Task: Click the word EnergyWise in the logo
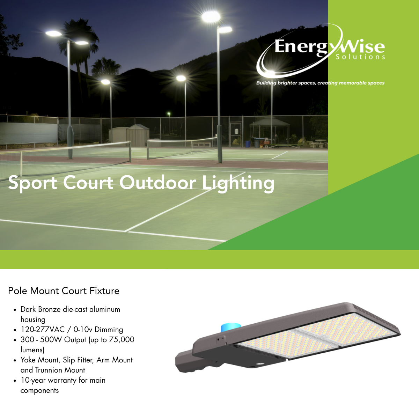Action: pos(329,47)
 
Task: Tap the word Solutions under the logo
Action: pos(360,57)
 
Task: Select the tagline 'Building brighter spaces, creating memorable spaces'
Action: pos(320,83)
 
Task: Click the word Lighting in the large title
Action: pos(238,183)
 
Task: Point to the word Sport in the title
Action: pos(32,183)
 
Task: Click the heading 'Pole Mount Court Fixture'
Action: pos(64,291)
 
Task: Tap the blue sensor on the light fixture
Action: pos(231,327)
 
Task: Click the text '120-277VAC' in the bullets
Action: pos(43,329)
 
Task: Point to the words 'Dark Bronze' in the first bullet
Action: pos(41,309)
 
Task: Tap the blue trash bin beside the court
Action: pos(248,144)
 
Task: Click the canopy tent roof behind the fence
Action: pos(270,122)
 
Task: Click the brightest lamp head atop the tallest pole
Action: pos(211,17)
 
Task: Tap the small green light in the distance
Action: pos(169,113)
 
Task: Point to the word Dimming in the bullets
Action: pos(109,330)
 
